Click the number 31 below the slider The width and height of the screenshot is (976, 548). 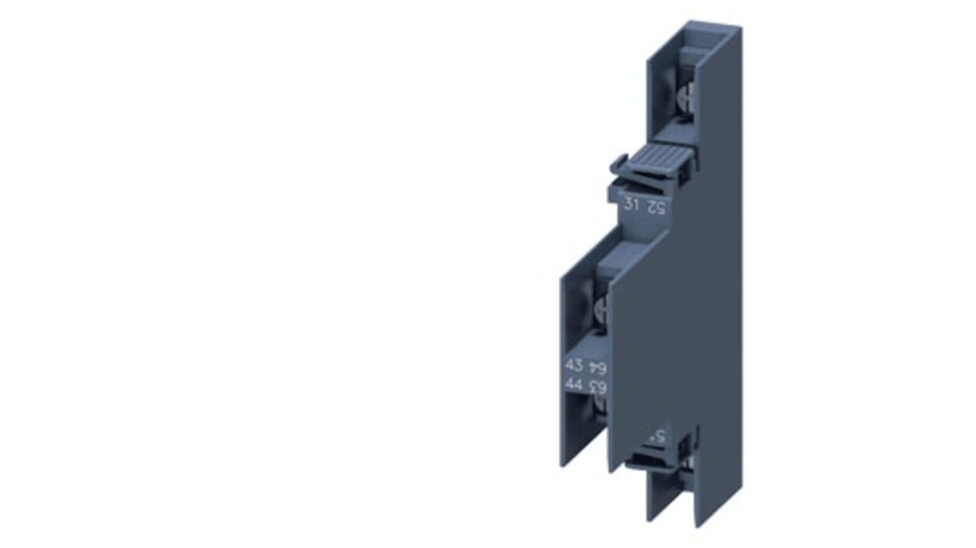(x=630, y=204)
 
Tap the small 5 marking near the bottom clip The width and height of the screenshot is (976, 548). (x=658, y=435)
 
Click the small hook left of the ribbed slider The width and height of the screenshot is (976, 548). (x=619, y=163)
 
